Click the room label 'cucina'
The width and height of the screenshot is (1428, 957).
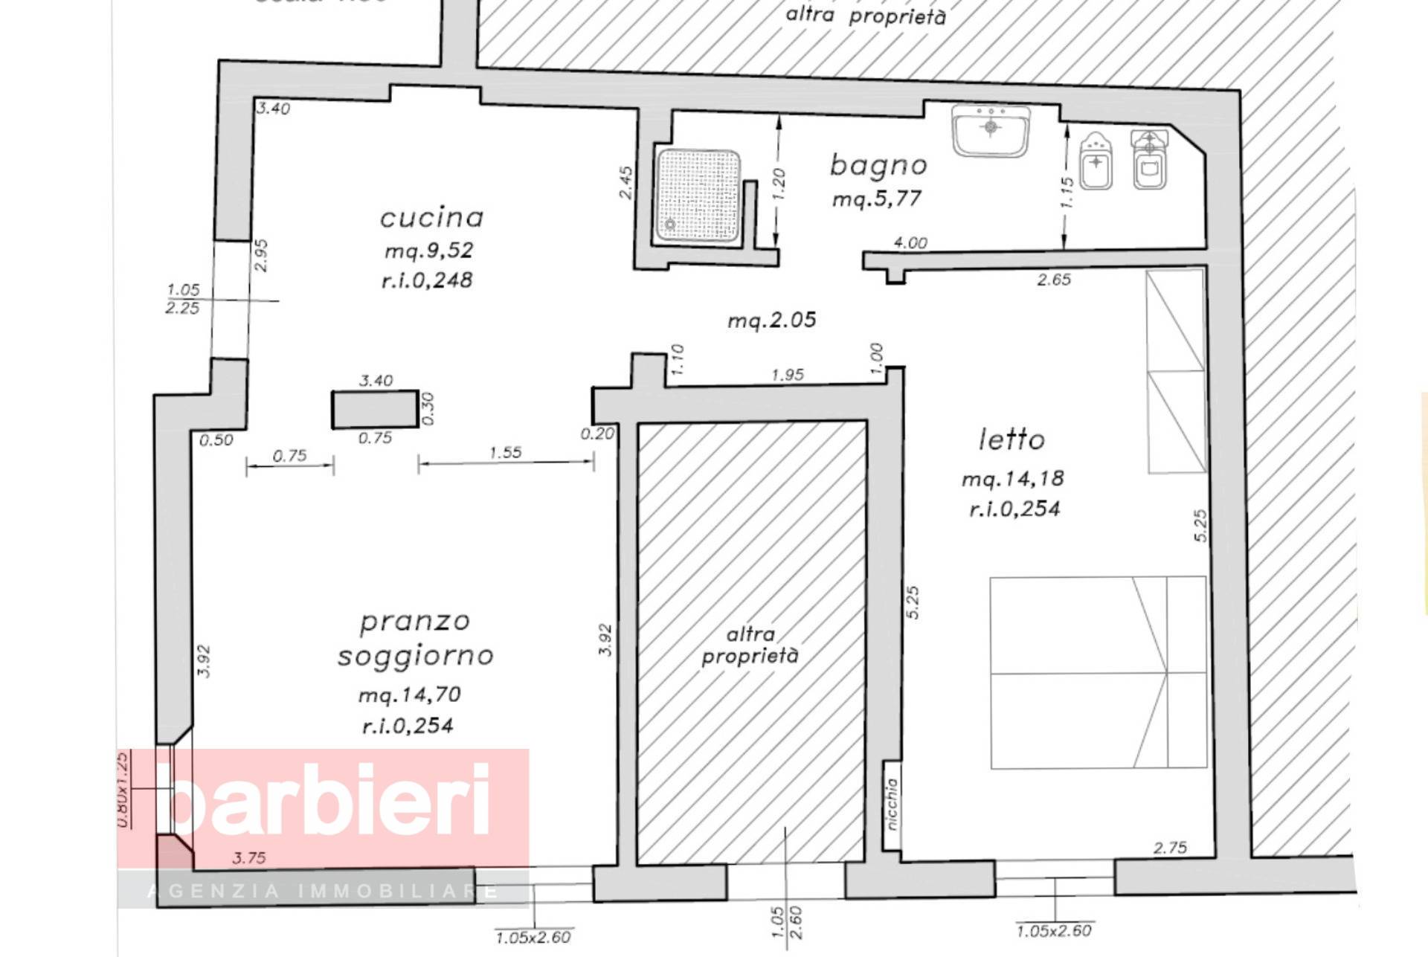click(431, 218)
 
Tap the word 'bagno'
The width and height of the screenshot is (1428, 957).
click(878, 165)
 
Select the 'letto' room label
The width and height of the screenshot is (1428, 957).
click(1011, 439)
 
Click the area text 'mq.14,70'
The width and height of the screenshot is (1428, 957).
click(410, 695)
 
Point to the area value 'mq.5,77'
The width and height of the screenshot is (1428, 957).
click(877, 199)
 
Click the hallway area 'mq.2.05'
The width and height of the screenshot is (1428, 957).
click(771, 320)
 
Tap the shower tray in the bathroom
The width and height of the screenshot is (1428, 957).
click(698, 196)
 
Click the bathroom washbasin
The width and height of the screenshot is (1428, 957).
click(991, 130)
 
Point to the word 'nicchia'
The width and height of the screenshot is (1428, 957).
click(892, 804)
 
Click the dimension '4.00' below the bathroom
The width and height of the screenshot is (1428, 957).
click(910, 243)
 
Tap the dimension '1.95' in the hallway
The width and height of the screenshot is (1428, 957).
click(788, 375)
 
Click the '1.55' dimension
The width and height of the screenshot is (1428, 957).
click(506, 452)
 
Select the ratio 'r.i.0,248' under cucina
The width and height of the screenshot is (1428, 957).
click(427, 280)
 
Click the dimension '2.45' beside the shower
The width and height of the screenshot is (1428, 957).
click(626, 182)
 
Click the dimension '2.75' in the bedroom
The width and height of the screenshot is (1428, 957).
click(1170, 848)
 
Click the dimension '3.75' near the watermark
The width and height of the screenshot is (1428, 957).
click(249, 858)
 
